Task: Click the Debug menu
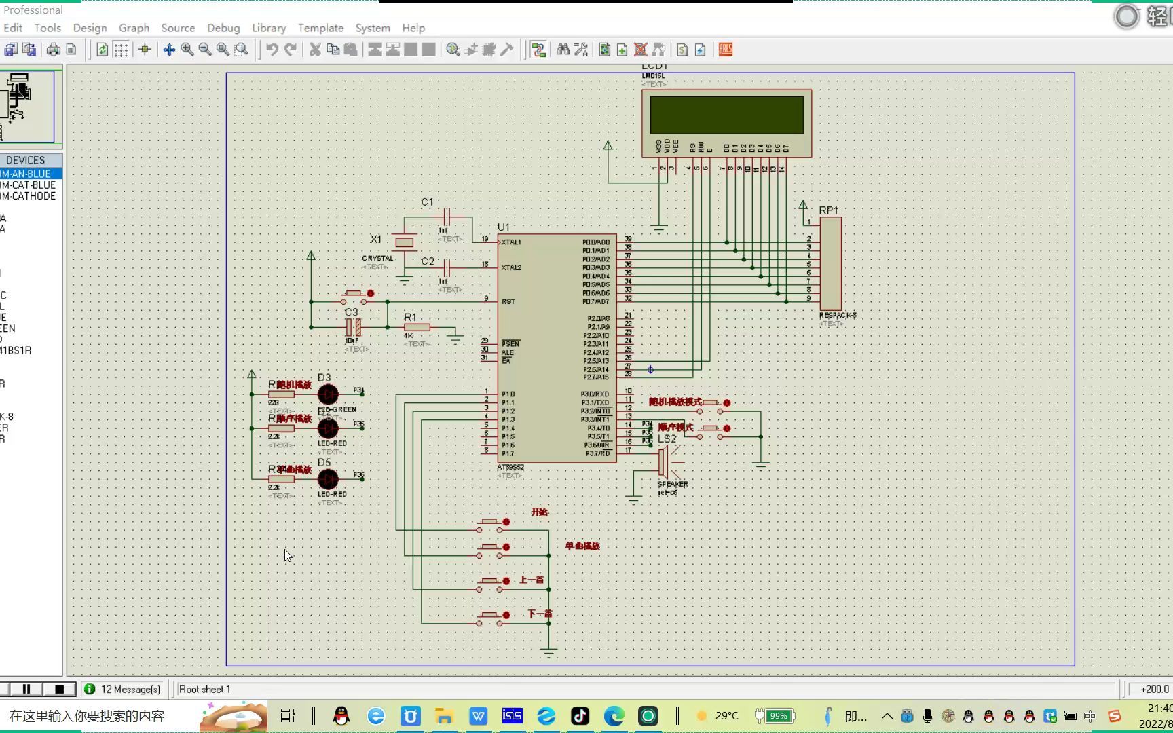pos(223,28)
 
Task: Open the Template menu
pos(320,28)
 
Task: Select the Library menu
pos(269,28)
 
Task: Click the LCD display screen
pos(726,115)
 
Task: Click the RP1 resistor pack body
pos(831,264)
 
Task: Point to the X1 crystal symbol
pos(405,242)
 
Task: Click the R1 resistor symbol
pos(417,327)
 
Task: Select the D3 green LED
pos(328,394)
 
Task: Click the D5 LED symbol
pos(328,479)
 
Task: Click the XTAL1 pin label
pos(511,242)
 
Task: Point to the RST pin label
pos(508,301)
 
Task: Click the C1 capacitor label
pos(427,202)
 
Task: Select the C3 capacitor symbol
pos(354,327)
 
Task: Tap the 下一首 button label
pos(540,614)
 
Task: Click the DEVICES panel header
pos(26,160)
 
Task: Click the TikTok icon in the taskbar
pos(580,716)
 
